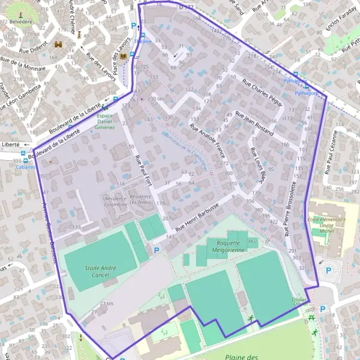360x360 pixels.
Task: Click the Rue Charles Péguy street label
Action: pyautogui.click(x=262, y=92)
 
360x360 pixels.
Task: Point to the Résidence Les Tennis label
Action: pyautogui.click(x=141, y=199)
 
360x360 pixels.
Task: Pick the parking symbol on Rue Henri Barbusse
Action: pyautogui.click(x=157, y=250)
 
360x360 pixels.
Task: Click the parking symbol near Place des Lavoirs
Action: pyautogui.click(x=134, y=26)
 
